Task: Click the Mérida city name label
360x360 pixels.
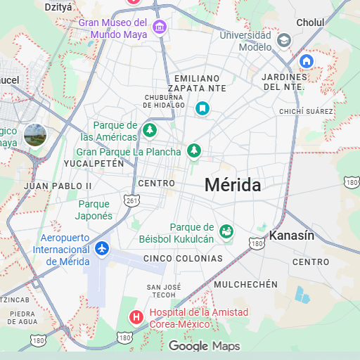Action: [x=233, y=185]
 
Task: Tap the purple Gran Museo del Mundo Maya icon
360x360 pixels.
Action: [x=160, y=28]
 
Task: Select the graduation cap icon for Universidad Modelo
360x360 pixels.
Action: [x=284, y=40]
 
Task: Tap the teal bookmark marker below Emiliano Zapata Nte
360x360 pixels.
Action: [x=202, y=108]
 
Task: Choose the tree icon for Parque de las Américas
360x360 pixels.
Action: [x=149, y=130]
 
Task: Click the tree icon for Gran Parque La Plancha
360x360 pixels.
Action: [x=193, y=150]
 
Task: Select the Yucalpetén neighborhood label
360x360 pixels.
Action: [x=94, y=163]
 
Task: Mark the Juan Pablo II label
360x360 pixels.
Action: [x=58, y=186]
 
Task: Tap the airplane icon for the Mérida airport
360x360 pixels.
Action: [x=103, y=248]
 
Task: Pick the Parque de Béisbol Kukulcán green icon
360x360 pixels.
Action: [x=226, y=231]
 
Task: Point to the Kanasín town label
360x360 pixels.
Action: [x=292, y=236]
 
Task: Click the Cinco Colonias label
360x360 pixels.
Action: [x=183, y=259]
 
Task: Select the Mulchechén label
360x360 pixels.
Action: [x=245, y=284]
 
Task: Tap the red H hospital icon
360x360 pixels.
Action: [x=136, y=317]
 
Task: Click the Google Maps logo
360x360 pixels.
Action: [x=204, y=346]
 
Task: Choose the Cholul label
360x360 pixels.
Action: [x=310, y=22]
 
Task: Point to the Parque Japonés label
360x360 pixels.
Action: [x=94, y=210]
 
